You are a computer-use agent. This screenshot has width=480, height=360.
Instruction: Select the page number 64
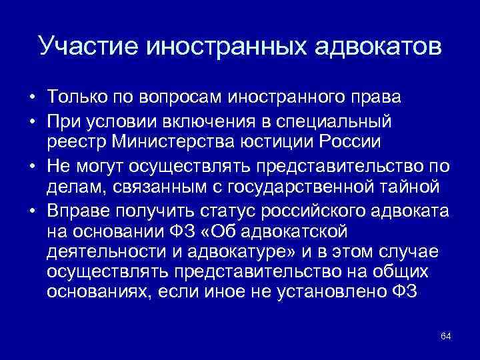pos(446,335)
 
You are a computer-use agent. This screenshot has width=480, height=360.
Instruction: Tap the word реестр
pos(72,142)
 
